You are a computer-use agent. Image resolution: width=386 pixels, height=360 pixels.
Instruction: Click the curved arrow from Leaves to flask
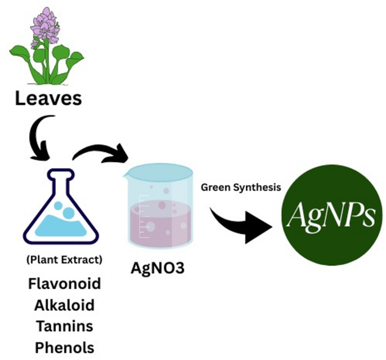coord(39,136)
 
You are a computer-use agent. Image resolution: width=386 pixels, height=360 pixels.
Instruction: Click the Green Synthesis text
coord(241,187)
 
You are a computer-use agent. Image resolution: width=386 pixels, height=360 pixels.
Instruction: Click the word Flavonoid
coord(65,283)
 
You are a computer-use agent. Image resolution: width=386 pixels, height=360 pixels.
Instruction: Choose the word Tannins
coord(64,326)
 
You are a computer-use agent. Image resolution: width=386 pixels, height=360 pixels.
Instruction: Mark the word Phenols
coord(64,346)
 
